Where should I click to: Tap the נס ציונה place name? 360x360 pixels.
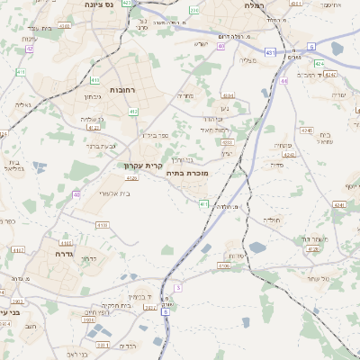(x=96, y=4)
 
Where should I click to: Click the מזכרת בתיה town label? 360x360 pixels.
(x=187, y=172)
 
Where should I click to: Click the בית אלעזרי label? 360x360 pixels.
(x=112, y=192)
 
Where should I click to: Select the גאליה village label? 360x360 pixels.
(x=23, y=104)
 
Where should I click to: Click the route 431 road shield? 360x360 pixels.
(x=271, y=53)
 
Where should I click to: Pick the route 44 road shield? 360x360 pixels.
(x=283, y=81)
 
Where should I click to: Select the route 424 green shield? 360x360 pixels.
(x=319, y=64)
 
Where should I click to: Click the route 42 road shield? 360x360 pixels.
(x=30, y=49)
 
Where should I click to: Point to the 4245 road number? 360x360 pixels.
(x=307, y=130)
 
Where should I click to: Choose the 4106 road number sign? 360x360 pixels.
(x=224, y=265)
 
